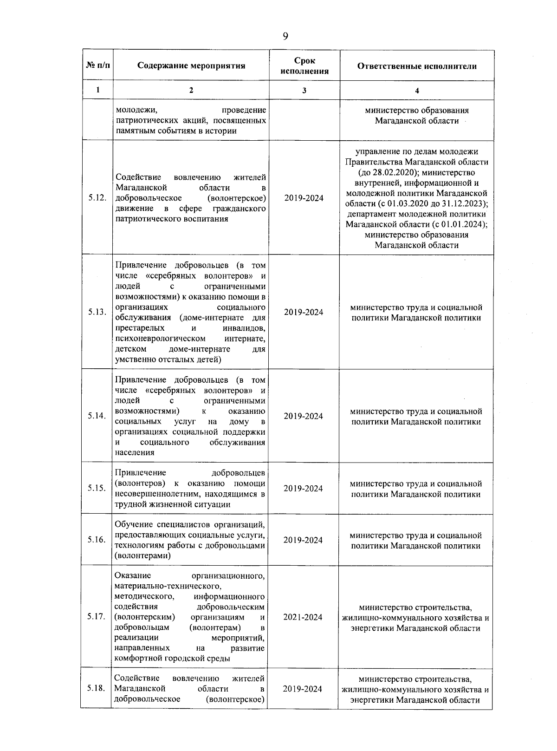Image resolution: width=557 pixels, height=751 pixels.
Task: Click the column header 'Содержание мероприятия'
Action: click(x=191, y=65)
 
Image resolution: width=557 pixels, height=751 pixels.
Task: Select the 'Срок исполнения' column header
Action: click(x=304, y=66)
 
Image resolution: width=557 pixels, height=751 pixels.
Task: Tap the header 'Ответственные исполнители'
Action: click(x=416, y=66)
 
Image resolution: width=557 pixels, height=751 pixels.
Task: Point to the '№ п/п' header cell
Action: click(x=98, y=65)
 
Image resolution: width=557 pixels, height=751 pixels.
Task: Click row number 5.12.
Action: click(x=97, y=198)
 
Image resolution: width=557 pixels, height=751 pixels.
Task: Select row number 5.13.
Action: click(x=97, y=312)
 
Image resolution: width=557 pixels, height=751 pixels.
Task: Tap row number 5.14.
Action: click(x=97, y=416)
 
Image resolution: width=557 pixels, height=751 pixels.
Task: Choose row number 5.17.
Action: click(x=96, y=617)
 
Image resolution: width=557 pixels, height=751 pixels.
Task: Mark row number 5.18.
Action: click(x=96, y=688)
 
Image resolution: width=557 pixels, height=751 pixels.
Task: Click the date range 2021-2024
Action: click(x=303, y=617)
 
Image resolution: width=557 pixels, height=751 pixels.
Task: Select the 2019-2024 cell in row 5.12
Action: click(x=304, y=198)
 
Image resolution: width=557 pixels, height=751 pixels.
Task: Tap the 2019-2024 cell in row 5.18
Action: click(x=303, y=689)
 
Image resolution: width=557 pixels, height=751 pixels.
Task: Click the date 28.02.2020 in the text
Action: click(x=385, y=172)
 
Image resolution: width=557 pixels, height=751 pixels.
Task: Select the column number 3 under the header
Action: click(x=304, y=91)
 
